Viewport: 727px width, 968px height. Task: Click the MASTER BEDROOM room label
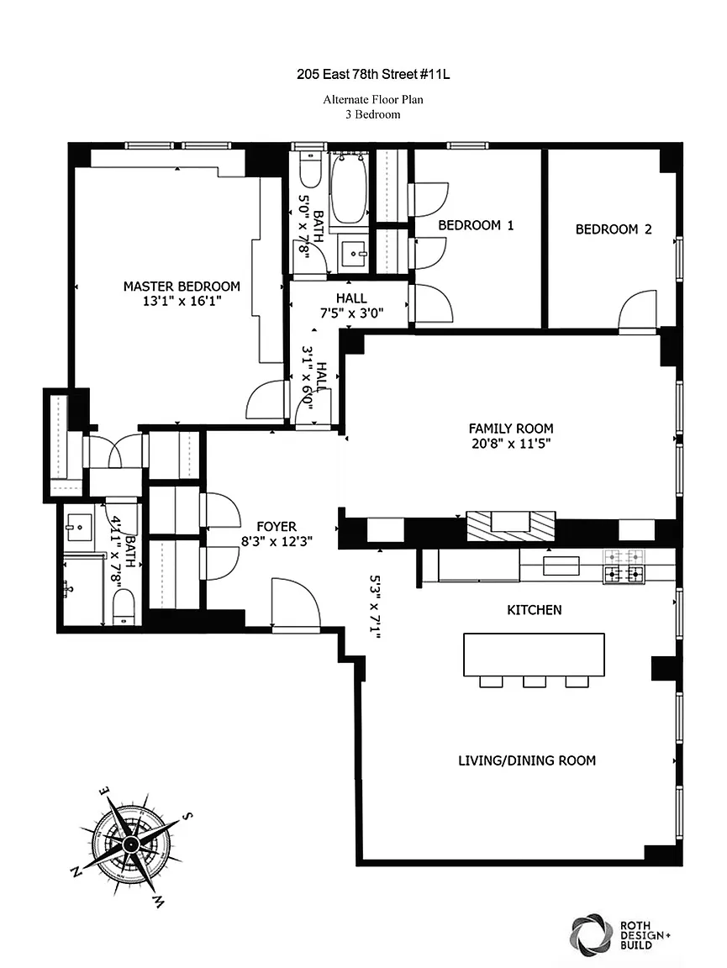(182, 287)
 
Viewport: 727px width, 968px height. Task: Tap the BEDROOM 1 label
(476, 225)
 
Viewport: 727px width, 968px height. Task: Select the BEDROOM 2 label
(614, 229)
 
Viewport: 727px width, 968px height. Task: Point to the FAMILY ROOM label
(511, 429)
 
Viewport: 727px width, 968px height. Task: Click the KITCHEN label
(535, 610)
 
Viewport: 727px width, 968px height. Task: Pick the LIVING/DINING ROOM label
(527, 760)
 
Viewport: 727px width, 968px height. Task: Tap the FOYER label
(277, 527)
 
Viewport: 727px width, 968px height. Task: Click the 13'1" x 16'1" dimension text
(182, 302)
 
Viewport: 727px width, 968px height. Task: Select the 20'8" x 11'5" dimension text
(511, 444)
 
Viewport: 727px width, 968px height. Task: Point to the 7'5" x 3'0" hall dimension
(351, 313)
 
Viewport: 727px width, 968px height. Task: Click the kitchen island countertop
(534, 655)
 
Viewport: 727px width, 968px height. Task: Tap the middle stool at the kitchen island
(535, 681)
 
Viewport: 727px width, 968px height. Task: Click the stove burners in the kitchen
(624, 566)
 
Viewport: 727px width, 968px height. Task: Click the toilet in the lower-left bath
(124, 606)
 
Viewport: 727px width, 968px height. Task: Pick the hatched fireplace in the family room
(511, 527)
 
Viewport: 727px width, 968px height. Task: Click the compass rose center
(130, 844)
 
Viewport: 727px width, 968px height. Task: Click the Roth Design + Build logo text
(645, 934)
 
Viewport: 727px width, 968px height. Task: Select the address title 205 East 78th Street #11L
(373, 75)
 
